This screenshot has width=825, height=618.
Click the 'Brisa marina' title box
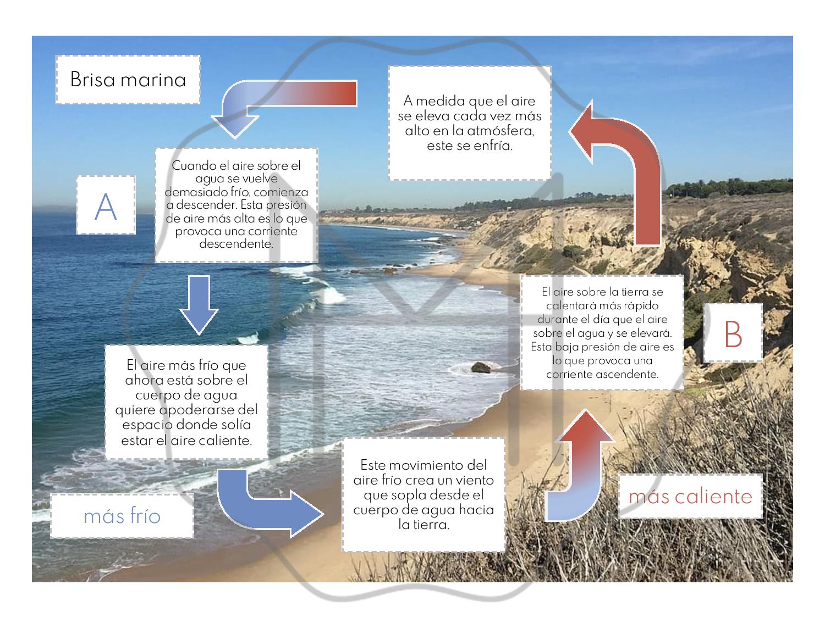[x=128, y=80]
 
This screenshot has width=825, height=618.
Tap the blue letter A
[x=106, y=206]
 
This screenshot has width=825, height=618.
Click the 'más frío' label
[x=122, y=516]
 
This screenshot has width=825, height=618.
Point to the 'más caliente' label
[x=690, y=496]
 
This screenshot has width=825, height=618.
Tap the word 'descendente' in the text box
[x=236, y=244]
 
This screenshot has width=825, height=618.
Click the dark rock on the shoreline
[x=481, y=368]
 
